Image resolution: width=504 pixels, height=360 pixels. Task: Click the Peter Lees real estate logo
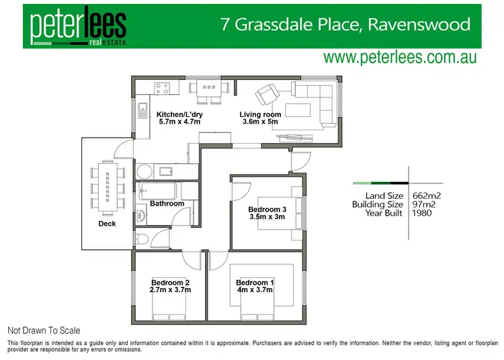[78, 26]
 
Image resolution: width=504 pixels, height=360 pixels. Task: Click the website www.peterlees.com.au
[400, 57]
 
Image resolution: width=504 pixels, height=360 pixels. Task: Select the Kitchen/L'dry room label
[179, 115]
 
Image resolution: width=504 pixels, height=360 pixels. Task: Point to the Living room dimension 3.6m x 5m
[260, 123]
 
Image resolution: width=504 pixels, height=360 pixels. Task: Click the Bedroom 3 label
[267, 208]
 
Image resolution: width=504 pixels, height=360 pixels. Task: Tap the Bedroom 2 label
[171, 282]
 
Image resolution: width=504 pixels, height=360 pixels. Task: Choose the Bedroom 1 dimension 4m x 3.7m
[255, 290]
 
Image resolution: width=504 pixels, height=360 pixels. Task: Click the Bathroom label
[167, 204]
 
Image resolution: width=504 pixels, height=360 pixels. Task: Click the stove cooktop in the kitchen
[162, 87]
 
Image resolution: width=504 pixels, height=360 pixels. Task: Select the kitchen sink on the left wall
[142, 110]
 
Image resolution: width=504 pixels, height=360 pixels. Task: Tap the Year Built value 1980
[421, 213]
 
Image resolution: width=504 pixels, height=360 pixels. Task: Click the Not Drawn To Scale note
[44, 330]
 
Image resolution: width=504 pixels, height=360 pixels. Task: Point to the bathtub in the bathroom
[159, 189]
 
